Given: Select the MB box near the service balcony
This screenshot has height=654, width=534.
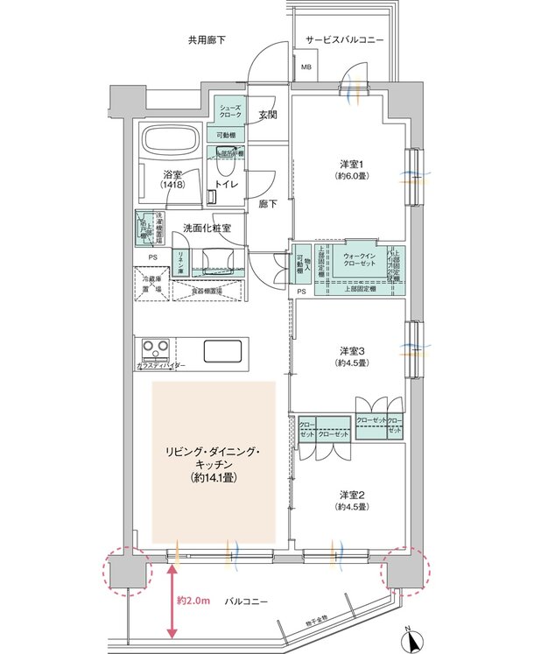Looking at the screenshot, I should click(306, 67).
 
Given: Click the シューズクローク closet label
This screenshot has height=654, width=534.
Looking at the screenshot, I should click(230, 112).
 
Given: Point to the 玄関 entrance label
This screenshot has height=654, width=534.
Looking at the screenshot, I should click(268, 115).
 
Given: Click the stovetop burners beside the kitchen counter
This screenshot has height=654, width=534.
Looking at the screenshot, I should click(156, 347).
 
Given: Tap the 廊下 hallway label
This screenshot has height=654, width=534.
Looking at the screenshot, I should click(268, 203).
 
